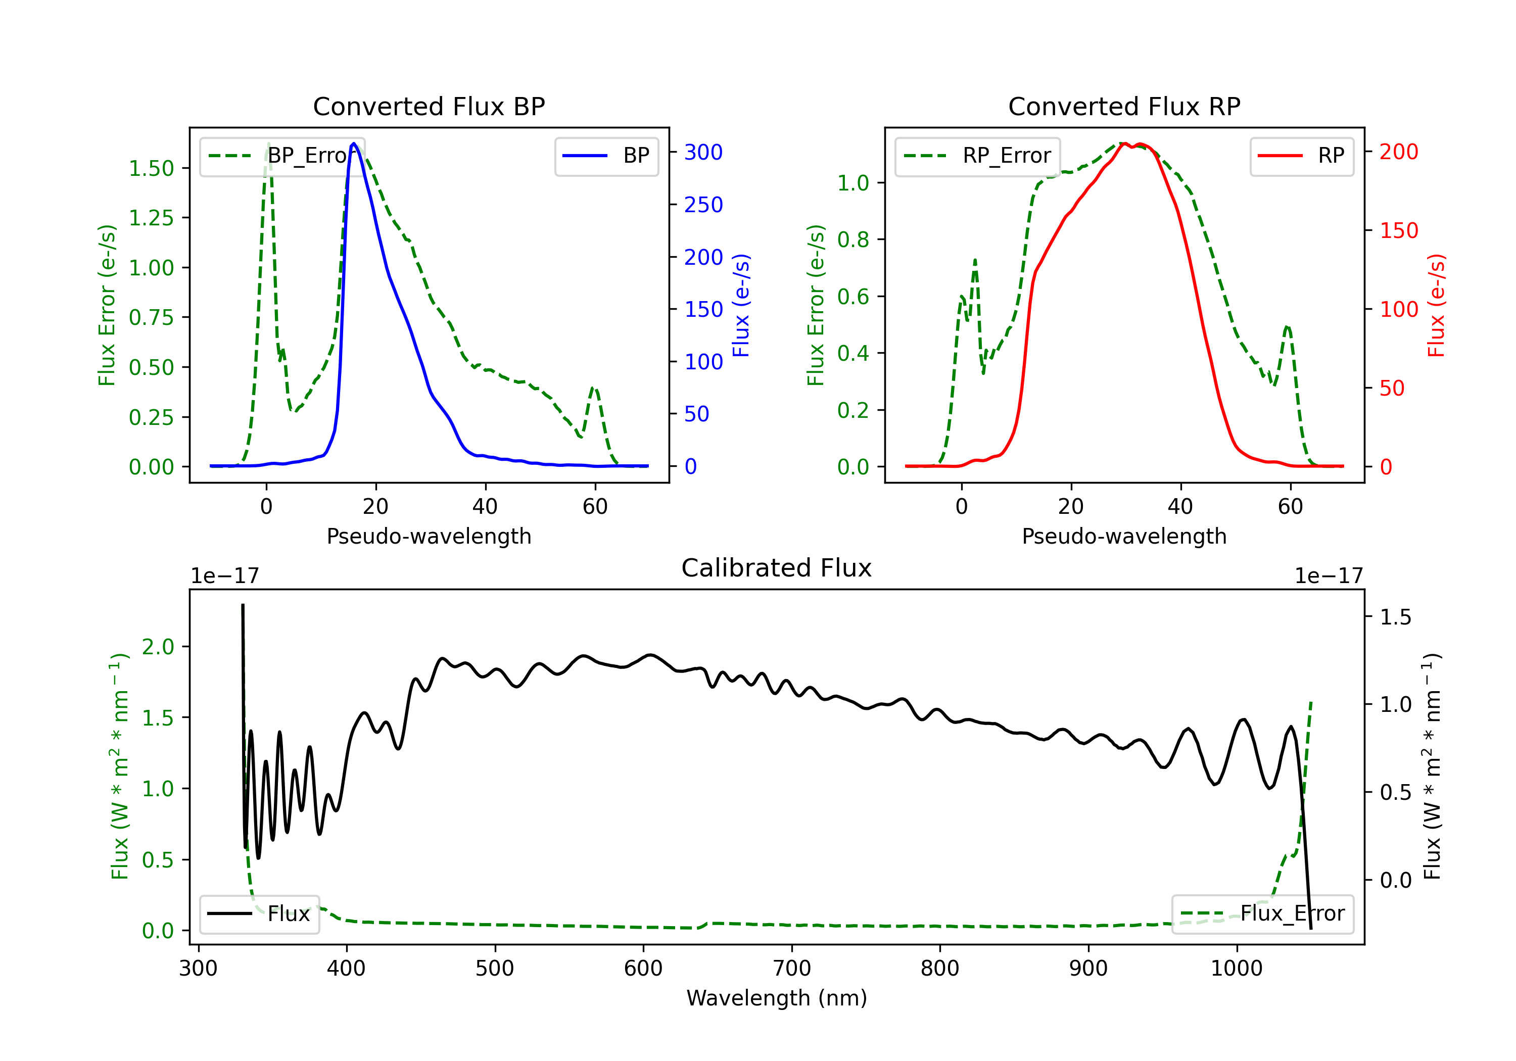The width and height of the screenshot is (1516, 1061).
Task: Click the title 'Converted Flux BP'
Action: coord(429,106)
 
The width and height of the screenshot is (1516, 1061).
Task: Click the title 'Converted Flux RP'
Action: coord(1124,106)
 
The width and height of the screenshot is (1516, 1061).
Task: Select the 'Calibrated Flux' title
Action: coord(777,568)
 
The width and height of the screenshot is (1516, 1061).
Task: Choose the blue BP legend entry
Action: coord(606,156)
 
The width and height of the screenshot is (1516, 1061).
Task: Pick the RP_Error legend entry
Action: coord(977,156)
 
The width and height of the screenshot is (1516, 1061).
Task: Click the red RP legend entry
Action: coord(1301,156)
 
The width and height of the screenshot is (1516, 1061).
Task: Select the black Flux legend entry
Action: coord(259,914)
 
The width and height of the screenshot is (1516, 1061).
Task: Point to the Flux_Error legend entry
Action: coord(1262,914)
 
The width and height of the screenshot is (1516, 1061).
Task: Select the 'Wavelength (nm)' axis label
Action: coord(777,998)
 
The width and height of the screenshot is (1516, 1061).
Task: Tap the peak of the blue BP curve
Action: coord(354,143)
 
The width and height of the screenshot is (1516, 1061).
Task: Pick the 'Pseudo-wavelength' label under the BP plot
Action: coord(429,536)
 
